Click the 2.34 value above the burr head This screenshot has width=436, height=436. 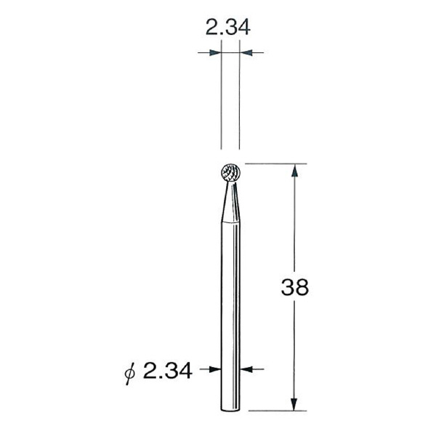coord(227,28)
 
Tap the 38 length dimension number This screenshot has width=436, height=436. coord(294,286)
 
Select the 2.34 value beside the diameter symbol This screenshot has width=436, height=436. coord(168,371)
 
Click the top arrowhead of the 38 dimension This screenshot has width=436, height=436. coord(294,171)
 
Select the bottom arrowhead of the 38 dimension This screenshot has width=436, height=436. coord(294,403)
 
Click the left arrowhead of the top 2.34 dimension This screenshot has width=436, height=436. coord(214,52)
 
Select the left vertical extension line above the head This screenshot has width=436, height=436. coord(221,102)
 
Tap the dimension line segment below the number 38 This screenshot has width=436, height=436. coord(294,349)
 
